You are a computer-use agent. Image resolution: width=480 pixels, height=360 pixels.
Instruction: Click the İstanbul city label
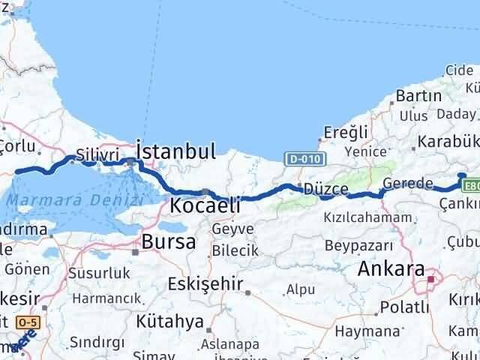click(x=176, y=151)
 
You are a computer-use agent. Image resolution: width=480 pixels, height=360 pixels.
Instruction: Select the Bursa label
click(x=169, y=241)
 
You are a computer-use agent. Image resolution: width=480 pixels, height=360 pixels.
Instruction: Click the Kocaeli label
click(x=205, y=205)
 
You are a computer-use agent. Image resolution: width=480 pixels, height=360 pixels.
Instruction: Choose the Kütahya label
click(x=170, y=322)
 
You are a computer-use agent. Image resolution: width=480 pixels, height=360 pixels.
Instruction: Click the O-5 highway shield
click(x=27, y=322)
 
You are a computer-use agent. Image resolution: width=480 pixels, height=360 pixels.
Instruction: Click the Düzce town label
click(x=325, y=189)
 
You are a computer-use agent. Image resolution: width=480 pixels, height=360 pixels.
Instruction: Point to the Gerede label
click(x=407, y=184)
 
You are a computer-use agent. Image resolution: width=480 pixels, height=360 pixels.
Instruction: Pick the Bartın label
click(x=418, y=96)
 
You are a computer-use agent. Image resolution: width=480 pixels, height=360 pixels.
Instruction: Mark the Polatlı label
click(x=404, y=307)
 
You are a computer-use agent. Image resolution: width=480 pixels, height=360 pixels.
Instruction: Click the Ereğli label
click(x=345, y=132)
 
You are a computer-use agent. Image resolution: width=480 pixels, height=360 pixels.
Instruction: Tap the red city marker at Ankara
click(x=431, y=280)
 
